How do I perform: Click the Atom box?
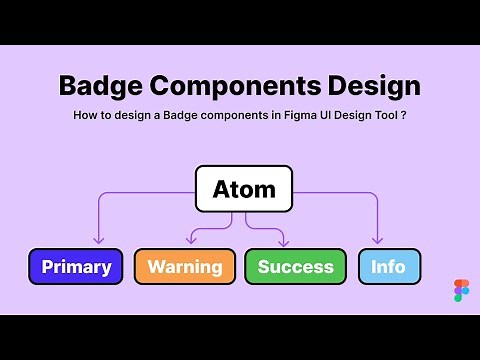pos(244,189)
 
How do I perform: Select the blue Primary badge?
pos(76,267)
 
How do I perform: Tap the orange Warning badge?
pos(185,267)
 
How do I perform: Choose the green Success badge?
pos(296,267)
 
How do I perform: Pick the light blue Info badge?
pos(389,267)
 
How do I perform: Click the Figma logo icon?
pos(461,290)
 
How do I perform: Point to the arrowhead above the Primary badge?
pos(98,240)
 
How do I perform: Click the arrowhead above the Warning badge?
pos(190,240)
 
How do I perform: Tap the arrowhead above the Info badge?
pos(378,240)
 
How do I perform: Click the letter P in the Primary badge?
pos(47,267)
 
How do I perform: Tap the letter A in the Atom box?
pos(221,189)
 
